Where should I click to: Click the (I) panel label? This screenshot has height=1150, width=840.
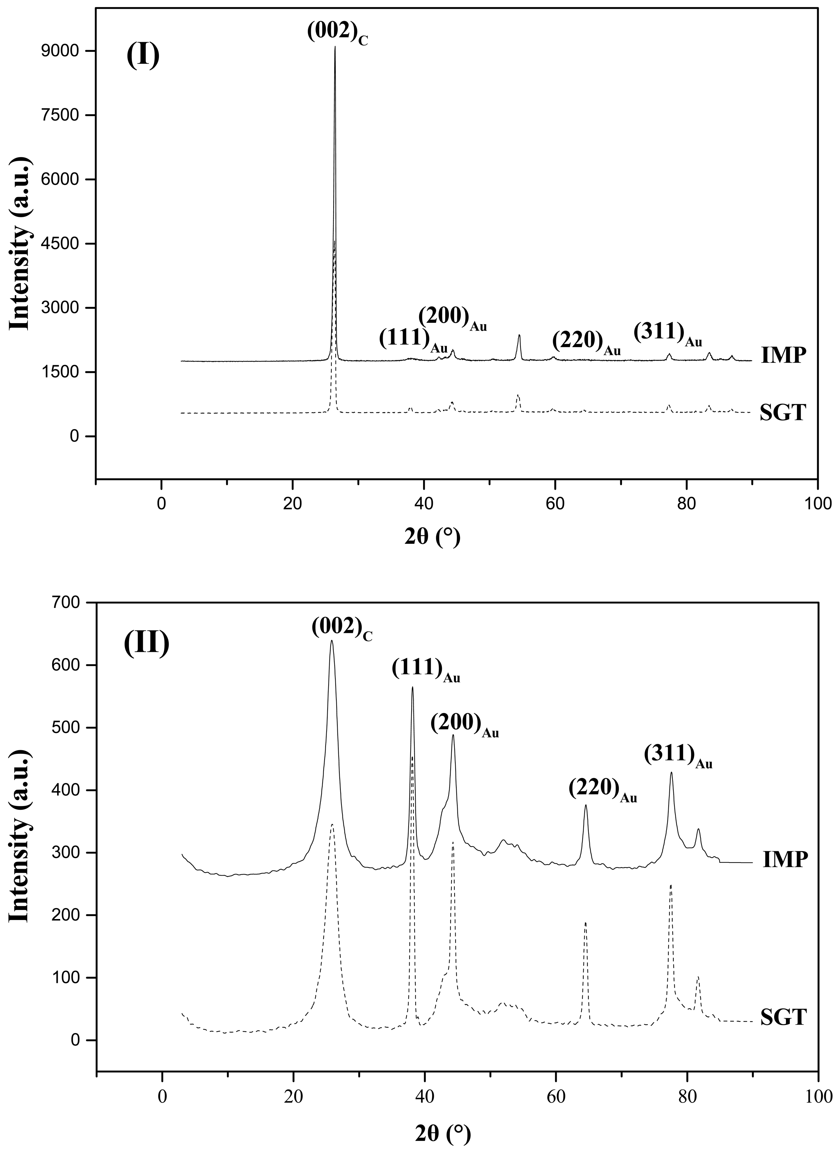point(143,56)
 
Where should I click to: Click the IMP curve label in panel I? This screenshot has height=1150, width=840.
point(784,356)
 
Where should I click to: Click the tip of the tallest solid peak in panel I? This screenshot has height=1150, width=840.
point(335,47)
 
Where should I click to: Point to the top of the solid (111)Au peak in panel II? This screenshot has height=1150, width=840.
point(412,687)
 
